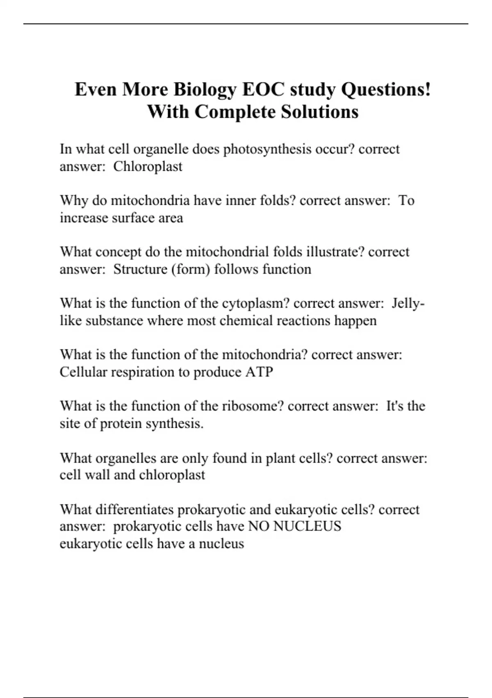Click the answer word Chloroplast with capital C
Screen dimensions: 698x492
(x=148, y=166)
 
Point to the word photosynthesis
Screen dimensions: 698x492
(x=267, y=149)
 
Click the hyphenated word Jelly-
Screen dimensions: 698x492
(x=408, y=303)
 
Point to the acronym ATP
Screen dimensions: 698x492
(x=259, y=372)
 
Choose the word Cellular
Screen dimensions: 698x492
(x=83, y=372)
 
